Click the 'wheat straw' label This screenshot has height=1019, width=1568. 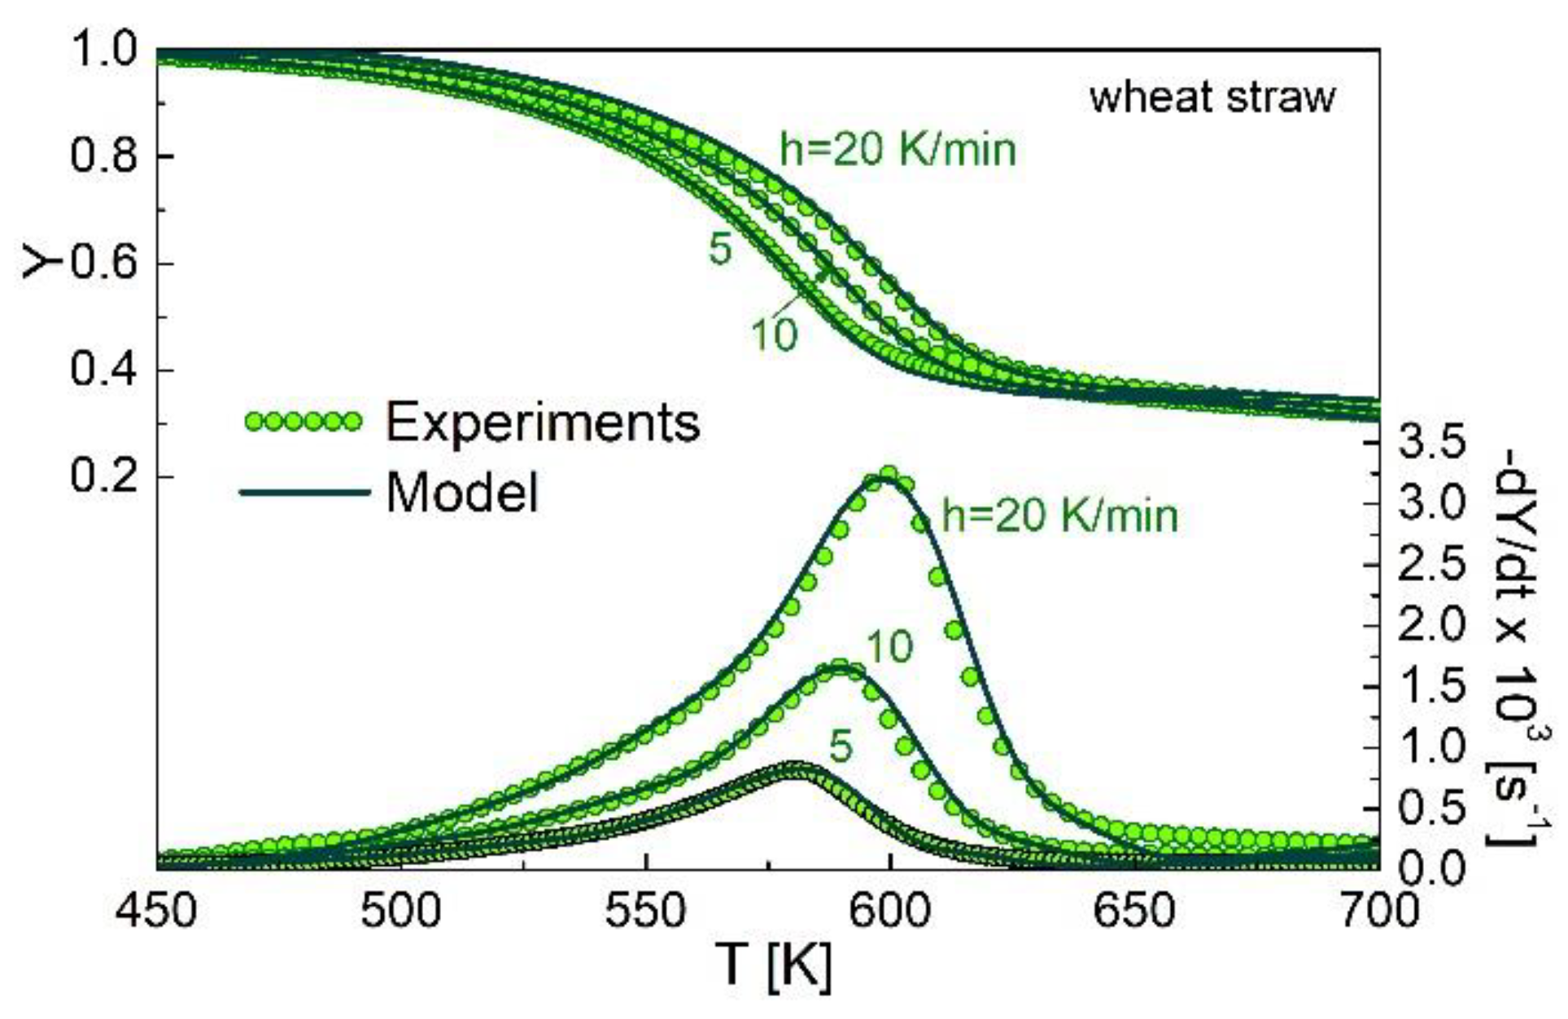(x=1212, y=98)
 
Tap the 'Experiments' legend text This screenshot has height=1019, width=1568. (x=542, y=422)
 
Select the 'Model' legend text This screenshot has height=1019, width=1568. (x=462, y=492)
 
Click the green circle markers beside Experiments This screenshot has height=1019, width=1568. (x=303, y=422)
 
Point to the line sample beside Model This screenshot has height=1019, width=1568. (x=303, y=492)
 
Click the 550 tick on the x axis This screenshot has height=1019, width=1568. (x=645, y=911)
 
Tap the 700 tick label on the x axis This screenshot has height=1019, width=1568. (x=1378, y=911)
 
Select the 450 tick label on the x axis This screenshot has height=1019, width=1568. (x=156, y=911)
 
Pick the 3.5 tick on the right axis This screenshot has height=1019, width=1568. (x=1432, y=444)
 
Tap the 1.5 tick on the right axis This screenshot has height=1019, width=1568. (x=1432, y=687)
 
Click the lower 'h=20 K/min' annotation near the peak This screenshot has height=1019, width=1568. (x=1059, y=516)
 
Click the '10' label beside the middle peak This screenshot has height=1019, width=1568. (x=889, y=647)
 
